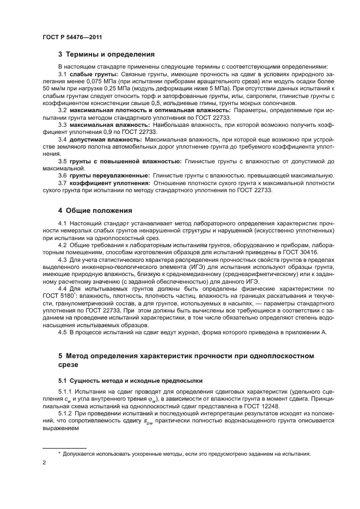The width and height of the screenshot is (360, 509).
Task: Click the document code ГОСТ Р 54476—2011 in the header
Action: (72, 37)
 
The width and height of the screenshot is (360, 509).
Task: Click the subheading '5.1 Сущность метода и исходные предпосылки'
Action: (130, 381)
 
